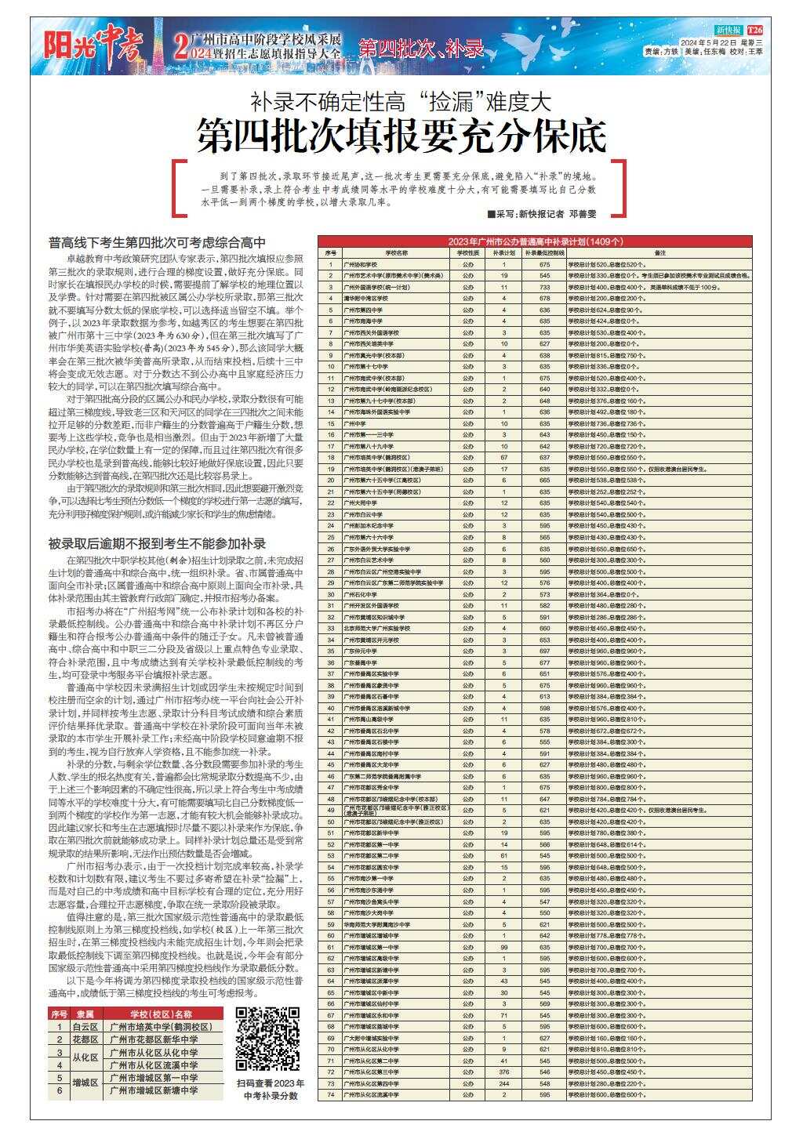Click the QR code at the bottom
pyautogui.click(x=267, y=1039)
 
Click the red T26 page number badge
pyautogui.click(x=754, y=29)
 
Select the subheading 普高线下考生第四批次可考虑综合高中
pyautogui.click(x=157, y=243)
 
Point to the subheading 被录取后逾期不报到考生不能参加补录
pyautogui.click(x=157, y=543)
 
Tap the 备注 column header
pyautogui.click(x=659, y=253)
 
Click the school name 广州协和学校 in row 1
pyautogui.click(x=365, y=265)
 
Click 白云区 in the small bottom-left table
pyautogui.click(x=84, y=1027)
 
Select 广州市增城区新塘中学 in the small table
pyautogui.click(x=154, y=1090)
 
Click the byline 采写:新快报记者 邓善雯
pyautogui.click(x=541, y=213)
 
